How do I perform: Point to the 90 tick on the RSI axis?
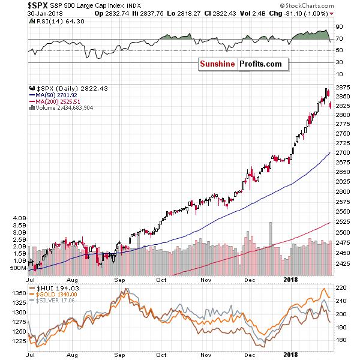pos(339,28)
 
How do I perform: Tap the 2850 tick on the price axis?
pos(343,97)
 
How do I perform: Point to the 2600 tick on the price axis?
pos(343,191)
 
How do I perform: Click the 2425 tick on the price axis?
pos(343,262)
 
